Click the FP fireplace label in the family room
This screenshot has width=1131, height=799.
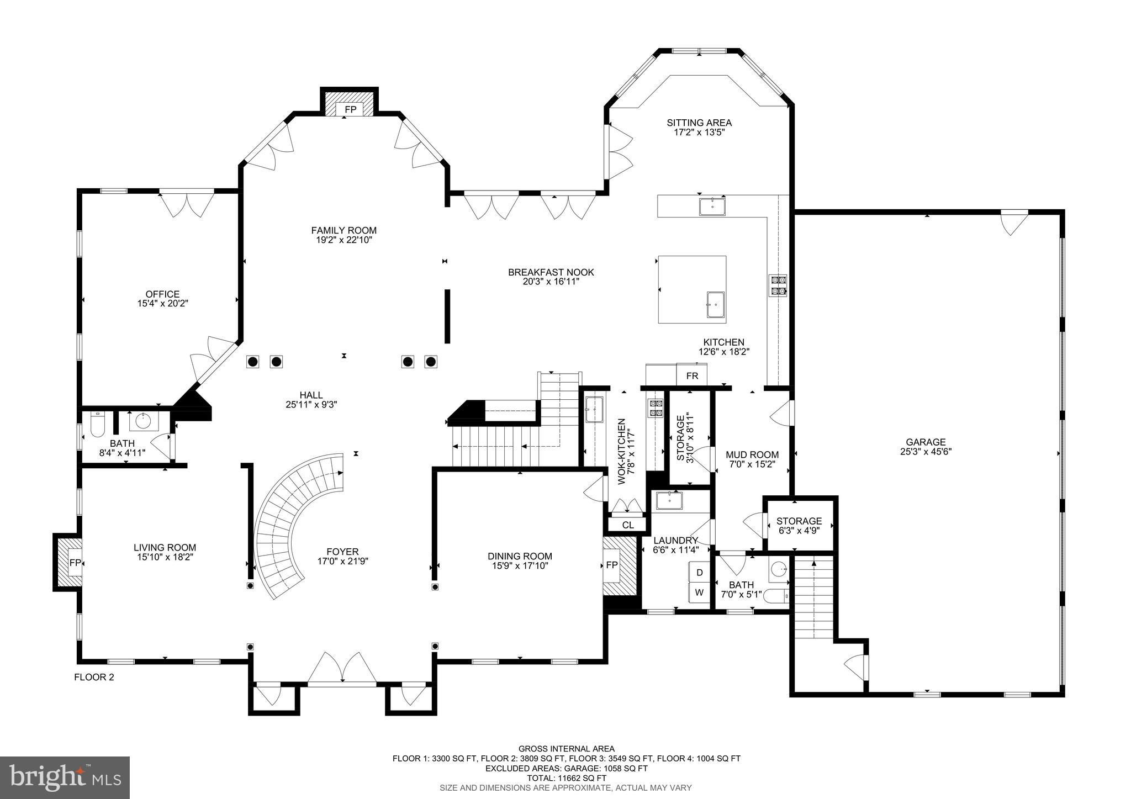point(350,109)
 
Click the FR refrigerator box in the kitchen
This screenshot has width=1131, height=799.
point(692,376)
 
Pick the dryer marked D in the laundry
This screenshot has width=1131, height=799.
point(699,573)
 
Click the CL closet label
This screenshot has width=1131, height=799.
point(628,525)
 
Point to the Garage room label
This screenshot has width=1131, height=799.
point(926,442)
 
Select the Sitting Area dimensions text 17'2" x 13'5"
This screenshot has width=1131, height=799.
point(699,133)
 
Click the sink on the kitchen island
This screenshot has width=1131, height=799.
point(716,305)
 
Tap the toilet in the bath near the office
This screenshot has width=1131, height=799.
point(97,423)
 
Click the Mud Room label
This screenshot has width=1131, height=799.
point(752,455)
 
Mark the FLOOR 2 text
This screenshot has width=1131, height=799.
point(94,677)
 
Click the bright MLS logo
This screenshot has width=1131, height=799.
point(65,778)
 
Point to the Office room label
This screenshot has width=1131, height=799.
point(162,294)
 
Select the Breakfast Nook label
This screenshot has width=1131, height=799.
point(551,272)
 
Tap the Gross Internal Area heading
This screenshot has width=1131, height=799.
point(566,749)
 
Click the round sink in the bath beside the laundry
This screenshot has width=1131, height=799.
point(779,569)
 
